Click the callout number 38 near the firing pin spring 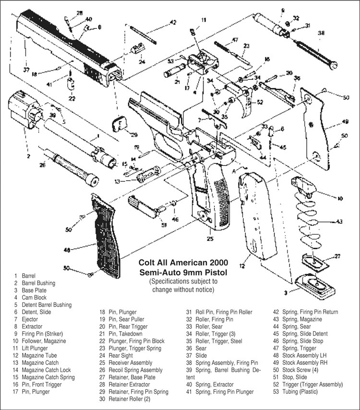[321, 33]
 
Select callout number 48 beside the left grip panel [67, 250]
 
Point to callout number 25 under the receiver [210, 238]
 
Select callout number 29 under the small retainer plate [134, 134]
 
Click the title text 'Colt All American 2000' [183, 263]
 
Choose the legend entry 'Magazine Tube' [40, 356]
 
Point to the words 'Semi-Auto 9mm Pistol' [183, 272]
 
